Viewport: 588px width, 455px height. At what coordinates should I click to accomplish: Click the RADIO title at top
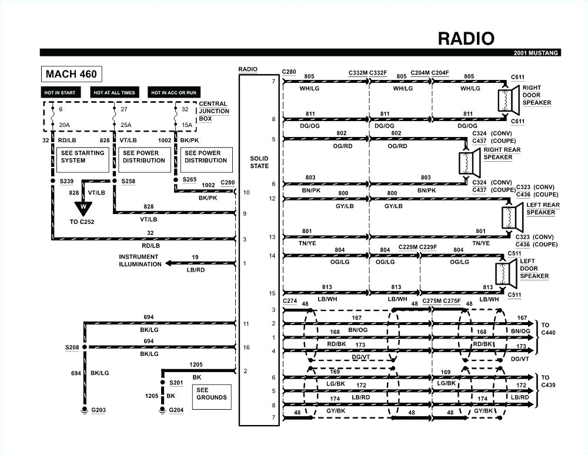click(466, 38)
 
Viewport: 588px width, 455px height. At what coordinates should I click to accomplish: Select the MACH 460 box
click(71, 74)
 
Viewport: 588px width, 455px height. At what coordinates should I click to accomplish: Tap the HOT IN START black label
click(60, 92)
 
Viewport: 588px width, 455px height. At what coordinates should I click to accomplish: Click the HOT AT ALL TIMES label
click(114, 92)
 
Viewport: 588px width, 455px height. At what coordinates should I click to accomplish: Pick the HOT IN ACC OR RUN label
click(173, 92)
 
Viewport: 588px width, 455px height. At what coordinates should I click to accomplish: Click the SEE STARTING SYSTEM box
click(82, 157)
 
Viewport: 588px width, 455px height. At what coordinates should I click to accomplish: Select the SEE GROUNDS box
click(211, 394)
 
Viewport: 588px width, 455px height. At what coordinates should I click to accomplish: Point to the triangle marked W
click(83, 207)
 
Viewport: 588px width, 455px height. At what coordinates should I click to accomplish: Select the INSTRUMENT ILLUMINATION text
click(140, 260)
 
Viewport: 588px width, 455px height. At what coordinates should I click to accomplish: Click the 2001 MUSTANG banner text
click(536, 53)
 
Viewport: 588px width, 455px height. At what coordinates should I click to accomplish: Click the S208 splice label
click(72, 347)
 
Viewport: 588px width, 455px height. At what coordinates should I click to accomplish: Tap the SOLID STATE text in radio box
click(259, 162)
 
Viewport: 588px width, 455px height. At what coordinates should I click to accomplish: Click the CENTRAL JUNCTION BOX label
click(213, 111)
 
